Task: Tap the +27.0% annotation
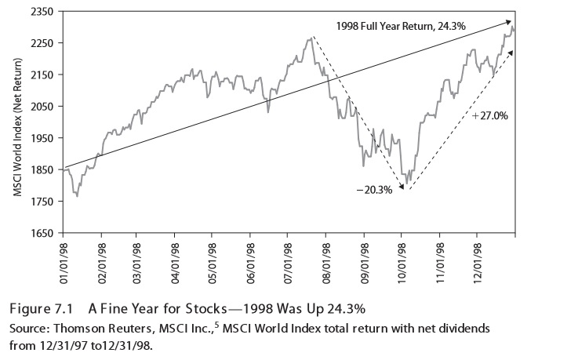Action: (490, 115)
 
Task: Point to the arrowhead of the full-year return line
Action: (511, 22)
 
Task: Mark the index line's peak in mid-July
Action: (311, 38)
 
